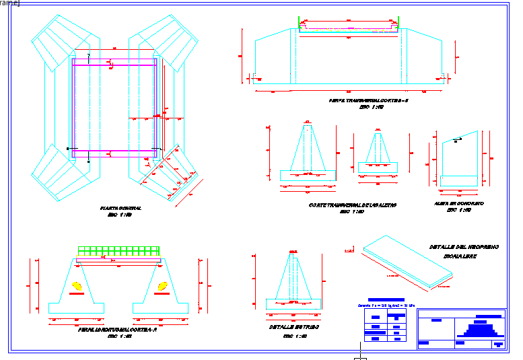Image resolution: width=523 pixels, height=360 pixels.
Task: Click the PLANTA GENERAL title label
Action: (120, 209)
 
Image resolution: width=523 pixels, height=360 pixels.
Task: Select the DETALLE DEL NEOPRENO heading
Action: (464, 247)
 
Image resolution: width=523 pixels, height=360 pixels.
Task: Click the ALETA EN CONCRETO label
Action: (460, 203)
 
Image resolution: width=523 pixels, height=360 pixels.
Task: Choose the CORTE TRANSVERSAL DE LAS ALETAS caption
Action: (352, 205)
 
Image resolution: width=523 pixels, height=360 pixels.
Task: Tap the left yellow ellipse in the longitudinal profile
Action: (77, 287)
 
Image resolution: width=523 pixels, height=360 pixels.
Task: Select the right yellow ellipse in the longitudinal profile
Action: (163, 287)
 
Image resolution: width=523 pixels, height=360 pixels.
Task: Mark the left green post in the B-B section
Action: (300, 24)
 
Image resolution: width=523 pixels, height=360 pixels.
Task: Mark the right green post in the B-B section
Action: (398, 24)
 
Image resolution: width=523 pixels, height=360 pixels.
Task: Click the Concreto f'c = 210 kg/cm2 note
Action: (386, 305)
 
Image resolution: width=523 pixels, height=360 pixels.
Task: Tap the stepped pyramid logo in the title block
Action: (480, 329)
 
